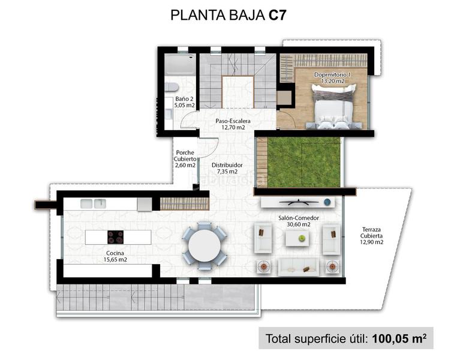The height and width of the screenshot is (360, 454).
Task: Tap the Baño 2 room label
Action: click(184, 99)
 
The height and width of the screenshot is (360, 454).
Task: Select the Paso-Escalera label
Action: click(233, 121)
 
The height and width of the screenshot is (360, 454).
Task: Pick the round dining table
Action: click(204, 244)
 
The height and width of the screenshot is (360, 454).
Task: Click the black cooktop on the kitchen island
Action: click(115, 237)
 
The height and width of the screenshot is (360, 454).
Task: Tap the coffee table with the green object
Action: click(297, 238)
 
